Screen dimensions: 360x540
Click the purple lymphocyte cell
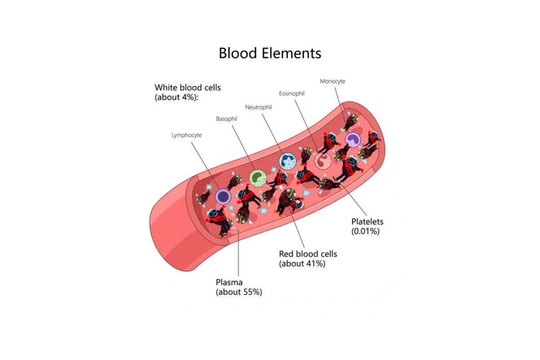point(223,196)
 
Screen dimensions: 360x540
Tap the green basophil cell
point(257,177)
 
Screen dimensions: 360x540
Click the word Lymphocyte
point(186,135)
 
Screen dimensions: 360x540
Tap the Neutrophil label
point(259,107)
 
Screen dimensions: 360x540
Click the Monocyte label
point(332,81)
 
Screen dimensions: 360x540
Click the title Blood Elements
point(269,53)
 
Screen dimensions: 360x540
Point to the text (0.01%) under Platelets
point(365,231)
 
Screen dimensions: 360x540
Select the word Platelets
point(367,222)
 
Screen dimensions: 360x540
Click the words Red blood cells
point(308,254)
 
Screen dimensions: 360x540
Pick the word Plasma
point(229,282)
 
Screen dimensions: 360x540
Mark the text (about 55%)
point(238,292)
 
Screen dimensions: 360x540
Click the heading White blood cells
point(187,87)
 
